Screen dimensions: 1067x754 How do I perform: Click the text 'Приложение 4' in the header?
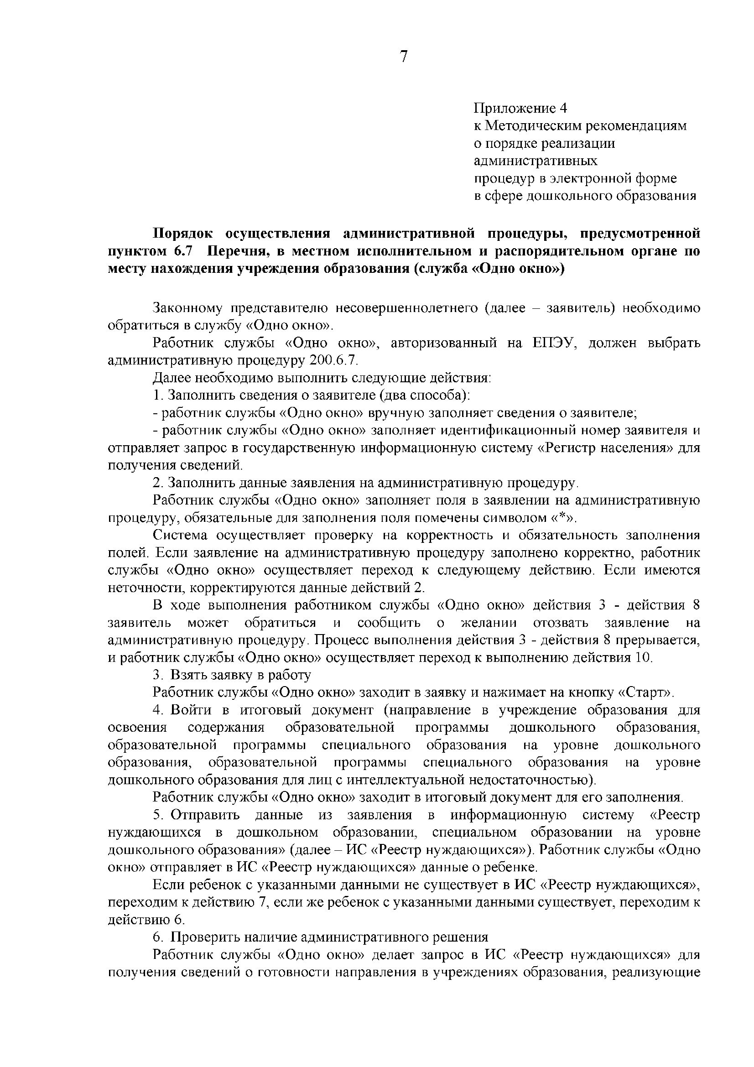[520, 108]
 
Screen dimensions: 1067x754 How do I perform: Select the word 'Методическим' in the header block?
[536, 126]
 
